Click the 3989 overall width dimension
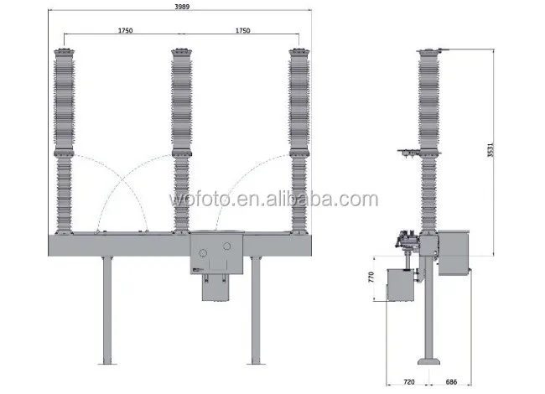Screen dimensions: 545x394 [x=182, y=7]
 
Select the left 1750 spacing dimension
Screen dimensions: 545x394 [x=126, y=30]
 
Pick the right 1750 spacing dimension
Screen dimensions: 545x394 [x=242, y=30]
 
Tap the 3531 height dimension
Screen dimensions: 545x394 [x=490, y=150]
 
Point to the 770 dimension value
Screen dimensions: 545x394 [x=371, y=277]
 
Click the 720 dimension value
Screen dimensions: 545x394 [x=409, y=382]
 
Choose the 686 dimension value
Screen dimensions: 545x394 [x=451, y=382]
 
